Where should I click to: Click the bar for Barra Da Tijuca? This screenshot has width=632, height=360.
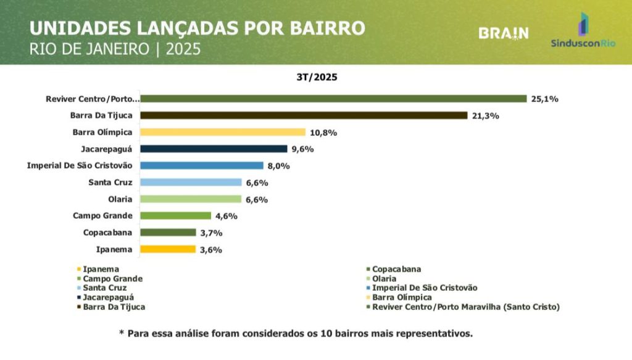point(304,115)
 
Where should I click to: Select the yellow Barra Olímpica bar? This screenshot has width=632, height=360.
point(223,132)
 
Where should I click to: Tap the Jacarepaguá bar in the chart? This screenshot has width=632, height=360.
point(214,149)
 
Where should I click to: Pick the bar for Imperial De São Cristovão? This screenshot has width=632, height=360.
point(202,165)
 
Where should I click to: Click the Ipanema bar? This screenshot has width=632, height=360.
point(168,249)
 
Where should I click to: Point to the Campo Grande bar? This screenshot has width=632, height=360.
point(175,216)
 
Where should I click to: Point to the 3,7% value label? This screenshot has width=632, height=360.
point(210,233)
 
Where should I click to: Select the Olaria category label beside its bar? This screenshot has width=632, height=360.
point(120,199)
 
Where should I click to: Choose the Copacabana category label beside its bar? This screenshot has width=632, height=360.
point(109,233)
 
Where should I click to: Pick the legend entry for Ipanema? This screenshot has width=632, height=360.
point(101,269)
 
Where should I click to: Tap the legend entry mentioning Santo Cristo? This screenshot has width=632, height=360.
point(466,306)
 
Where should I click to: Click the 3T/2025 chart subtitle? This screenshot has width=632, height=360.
point(316,78)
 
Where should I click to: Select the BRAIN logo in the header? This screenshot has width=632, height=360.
point(504,33)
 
